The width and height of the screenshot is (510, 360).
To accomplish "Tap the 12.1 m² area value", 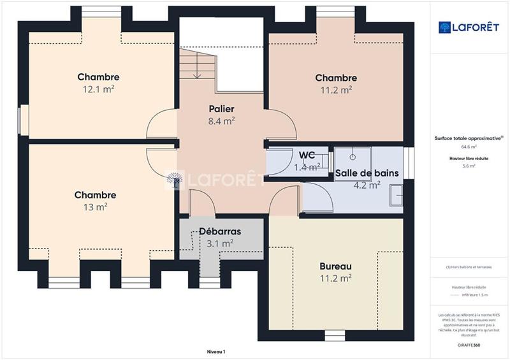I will (x=99, y=89).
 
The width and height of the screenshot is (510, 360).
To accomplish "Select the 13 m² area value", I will (x=95, y=207).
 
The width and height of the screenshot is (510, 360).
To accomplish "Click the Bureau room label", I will (x=336, y=266).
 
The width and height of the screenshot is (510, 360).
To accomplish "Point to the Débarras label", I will (x=219, y=231).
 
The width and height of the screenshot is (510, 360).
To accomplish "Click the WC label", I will (x=307, y=155).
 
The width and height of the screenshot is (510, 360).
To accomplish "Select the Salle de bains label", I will (x=367, y=173).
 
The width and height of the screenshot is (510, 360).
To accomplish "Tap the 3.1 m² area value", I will (x=219, y=243).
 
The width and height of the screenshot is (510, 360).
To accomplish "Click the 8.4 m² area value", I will (x=222, y=120).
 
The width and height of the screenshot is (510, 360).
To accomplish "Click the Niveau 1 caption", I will (x=216, y=351).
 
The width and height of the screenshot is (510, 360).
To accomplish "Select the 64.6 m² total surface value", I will (x=469, y=146).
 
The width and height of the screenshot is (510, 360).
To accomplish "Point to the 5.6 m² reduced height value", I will (x=469, y=165).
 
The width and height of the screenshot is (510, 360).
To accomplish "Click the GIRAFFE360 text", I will (x=469, y=343).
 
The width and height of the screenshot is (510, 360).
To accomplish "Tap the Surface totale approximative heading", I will (x=469, y=138).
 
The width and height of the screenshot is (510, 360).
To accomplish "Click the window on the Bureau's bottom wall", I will (x=335, y=334).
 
